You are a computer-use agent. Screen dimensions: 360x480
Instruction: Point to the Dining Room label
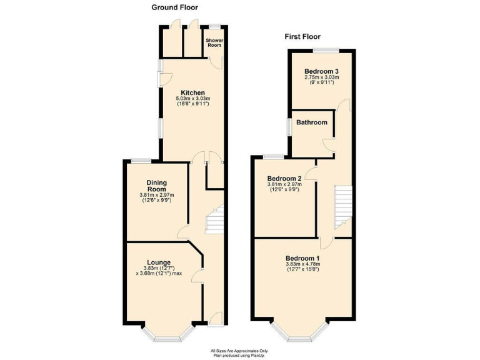pyautogui.click(x=156, y=186)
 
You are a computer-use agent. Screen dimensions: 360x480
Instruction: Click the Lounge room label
pyautogui.click(x=159, y=262)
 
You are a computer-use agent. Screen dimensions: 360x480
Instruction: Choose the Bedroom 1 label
pyautogui.click(x=302, y=258)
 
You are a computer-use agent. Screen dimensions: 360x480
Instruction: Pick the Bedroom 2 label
pyautogui.click(x=284, y=178)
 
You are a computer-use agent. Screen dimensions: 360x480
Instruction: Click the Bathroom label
pyautogui.click(x=312, y=122)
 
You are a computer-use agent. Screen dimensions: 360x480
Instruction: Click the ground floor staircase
pyautogui.click(x=214, y=221)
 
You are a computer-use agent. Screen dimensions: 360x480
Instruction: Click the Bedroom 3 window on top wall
pyautogui.click(x=322, y=49)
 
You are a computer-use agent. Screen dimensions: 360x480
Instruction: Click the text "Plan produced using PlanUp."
pyautogui.click(x=239, y=354)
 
